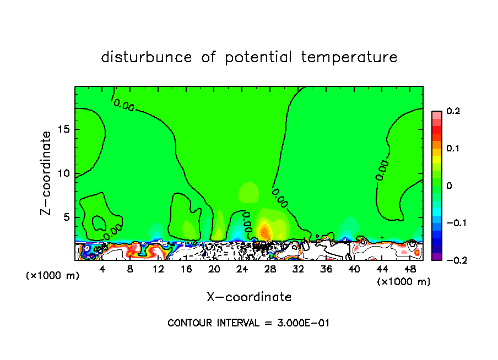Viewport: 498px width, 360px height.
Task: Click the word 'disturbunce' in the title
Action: pyautogui.click(x=147, y=57)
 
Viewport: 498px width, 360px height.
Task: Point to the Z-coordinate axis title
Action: pyautogui.click(x=46, y=173)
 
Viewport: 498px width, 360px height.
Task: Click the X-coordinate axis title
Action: pyautogui.click(x=249, y=297)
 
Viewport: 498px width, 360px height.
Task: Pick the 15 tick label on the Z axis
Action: pyautogui.click(x=62, y=129)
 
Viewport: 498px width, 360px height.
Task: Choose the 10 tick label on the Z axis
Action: pyautogui.click(x=62, y=173)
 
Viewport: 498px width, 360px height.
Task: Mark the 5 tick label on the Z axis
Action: pyautogui.click(x=65, y=217)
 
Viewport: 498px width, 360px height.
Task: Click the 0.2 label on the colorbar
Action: pyautogui.click(x=453, y=111)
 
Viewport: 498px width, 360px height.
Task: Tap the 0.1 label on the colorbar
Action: pyautogui.click(x=453, y=149)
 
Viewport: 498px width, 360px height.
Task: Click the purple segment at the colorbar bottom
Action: pyautogui.click(x=436, y=257)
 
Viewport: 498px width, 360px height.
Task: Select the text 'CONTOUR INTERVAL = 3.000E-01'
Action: pyautogui.click(x=248, y=323)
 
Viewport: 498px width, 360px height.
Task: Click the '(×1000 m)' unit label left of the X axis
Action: pyautogui.click(x=52, y=276)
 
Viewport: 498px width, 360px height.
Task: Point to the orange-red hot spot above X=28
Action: pyautogui.click(x=264, y=230)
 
